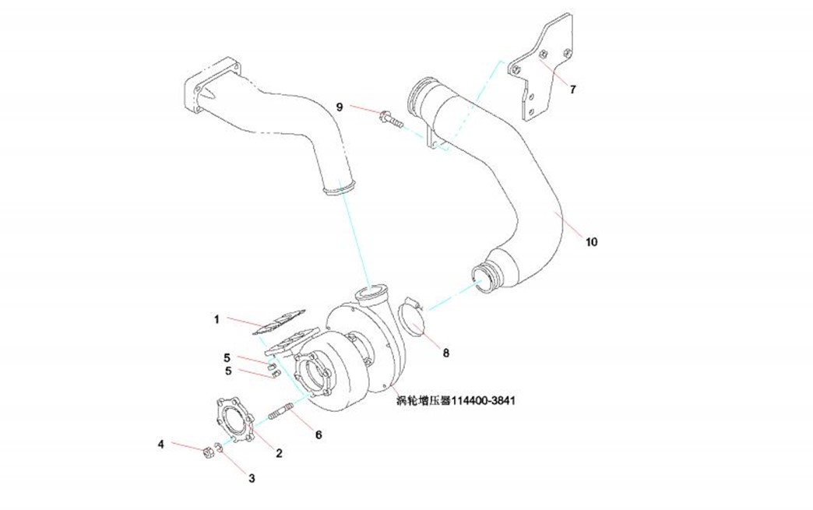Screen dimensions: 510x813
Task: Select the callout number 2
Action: coord(279,452)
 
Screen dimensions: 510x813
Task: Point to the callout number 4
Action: coord(161,444)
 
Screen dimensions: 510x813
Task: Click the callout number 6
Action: coord(319,434)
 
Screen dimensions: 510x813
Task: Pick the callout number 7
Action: coord(572,90)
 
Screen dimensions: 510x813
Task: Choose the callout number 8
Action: coord(446,353)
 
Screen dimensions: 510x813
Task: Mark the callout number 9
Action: coord(340,106)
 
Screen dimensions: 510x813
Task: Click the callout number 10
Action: coord(592,242)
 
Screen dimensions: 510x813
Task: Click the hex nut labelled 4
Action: coord(208,451)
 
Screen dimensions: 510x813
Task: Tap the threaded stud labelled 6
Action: coord(283,410)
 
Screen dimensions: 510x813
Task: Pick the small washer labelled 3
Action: coord(220,448)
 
